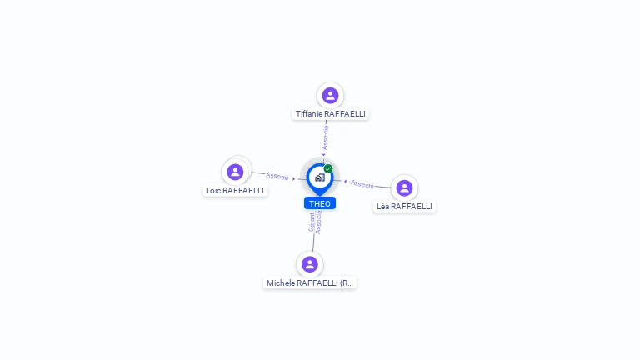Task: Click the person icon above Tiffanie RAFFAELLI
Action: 330,96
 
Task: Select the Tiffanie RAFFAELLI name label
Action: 330,114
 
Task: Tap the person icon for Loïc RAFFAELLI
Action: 235,172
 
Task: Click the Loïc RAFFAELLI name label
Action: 235,190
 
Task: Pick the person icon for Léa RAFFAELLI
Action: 404,187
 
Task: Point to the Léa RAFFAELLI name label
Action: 404,206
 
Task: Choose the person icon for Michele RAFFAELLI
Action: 310,264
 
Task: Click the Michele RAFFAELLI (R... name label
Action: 310,282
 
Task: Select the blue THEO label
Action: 320,203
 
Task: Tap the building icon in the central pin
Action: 319,177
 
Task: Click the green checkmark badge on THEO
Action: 328,168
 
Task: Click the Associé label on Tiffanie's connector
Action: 326,137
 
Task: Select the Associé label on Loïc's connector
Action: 277,176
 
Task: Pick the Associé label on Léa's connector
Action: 362,183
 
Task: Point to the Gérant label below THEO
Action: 312,222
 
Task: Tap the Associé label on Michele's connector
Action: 318,222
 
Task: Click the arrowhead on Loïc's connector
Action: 294,178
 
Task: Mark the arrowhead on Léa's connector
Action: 346,181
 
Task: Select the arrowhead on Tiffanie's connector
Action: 323,154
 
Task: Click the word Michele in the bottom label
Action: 281,282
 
